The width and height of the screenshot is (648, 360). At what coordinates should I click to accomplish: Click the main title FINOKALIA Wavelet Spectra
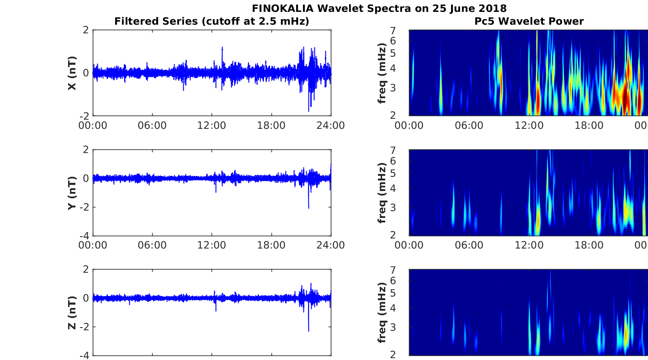pos(379,8)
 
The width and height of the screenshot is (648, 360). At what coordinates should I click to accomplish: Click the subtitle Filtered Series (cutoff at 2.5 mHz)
pos(212,21)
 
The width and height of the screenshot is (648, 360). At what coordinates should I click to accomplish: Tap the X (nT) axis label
pos(72,73)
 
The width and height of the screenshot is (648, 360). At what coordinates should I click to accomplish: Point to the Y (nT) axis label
pos(72,193)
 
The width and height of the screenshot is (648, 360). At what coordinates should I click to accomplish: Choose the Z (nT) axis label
pos(72,312)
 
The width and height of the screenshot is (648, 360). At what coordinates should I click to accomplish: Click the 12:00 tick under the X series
pos(212,125)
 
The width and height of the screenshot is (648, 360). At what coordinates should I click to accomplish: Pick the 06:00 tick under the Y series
pos(152,245)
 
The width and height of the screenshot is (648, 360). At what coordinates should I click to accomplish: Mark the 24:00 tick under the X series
pos(330,125)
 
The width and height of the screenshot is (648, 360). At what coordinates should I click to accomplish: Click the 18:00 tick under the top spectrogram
pos(589,125)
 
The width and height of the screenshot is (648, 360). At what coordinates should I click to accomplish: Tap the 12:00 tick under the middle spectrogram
pos(529,245)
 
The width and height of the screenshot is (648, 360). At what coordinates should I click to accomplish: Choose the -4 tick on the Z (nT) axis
pos(85,355)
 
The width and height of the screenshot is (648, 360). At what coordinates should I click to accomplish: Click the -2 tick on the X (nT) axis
pos(85,116)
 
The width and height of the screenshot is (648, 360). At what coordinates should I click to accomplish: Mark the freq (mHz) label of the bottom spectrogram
pos(382,312)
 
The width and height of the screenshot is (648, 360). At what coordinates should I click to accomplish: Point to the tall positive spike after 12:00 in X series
pos(222,48)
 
